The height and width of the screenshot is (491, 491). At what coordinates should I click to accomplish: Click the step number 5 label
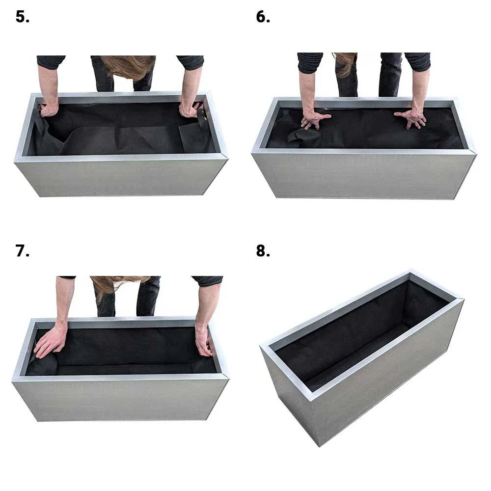point(22,17)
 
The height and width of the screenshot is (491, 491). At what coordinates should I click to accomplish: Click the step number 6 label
point(263,17)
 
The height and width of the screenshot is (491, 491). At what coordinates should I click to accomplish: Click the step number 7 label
point(22,251)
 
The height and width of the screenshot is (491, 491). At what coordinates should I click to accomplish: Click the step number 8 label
point(263,251)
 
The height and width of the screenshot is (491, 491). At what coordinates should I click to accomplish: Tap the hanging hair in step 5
point(129,66)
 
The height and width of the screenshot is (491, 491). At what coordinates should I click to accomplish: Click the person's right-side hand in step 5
point(189,109)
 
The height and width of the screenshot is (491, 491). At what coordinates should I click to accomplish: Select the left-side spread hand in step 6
point(314,119)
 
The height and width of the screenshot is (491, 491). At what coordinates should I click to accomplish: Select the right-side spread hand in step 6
point(411,118)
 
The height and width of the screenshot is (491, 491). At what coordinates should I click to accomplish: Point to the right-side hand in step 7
point(203,339)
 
